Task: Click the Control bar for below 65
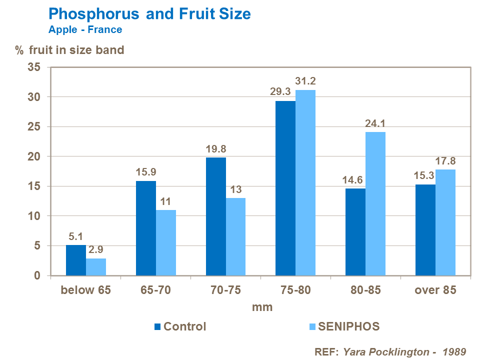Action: pyautogui.click(x=76, y=260)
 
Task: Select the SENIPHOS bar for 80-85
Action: pyautogui.click(x=375, y=204)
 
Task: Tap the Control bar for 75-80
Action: pyautogui.click(x=285, y=188)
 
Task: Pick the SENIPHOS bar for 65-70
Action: pyautogui.click(x=166, y=243)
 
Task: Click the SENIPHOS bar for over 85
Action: pyautogui.click(x=445, y=222)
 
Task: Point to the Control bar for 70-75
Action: pyautogui.click(x=215, y=216)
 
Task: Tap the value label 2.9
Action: pyautogui.click(x=96, y=249)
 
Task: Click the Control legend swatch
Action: pyautogui.click(x=158, y=327)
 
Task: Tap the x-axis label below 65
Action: pyautogui.click(x=85, y=290)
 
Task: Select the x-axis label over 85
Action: pyautogui.click(x=435, y=290)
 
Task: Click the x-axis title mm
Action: pyautogui.click(x=262, y=307)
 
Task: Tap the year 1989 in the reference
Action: pyautogui.click(x=454, y=351)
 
